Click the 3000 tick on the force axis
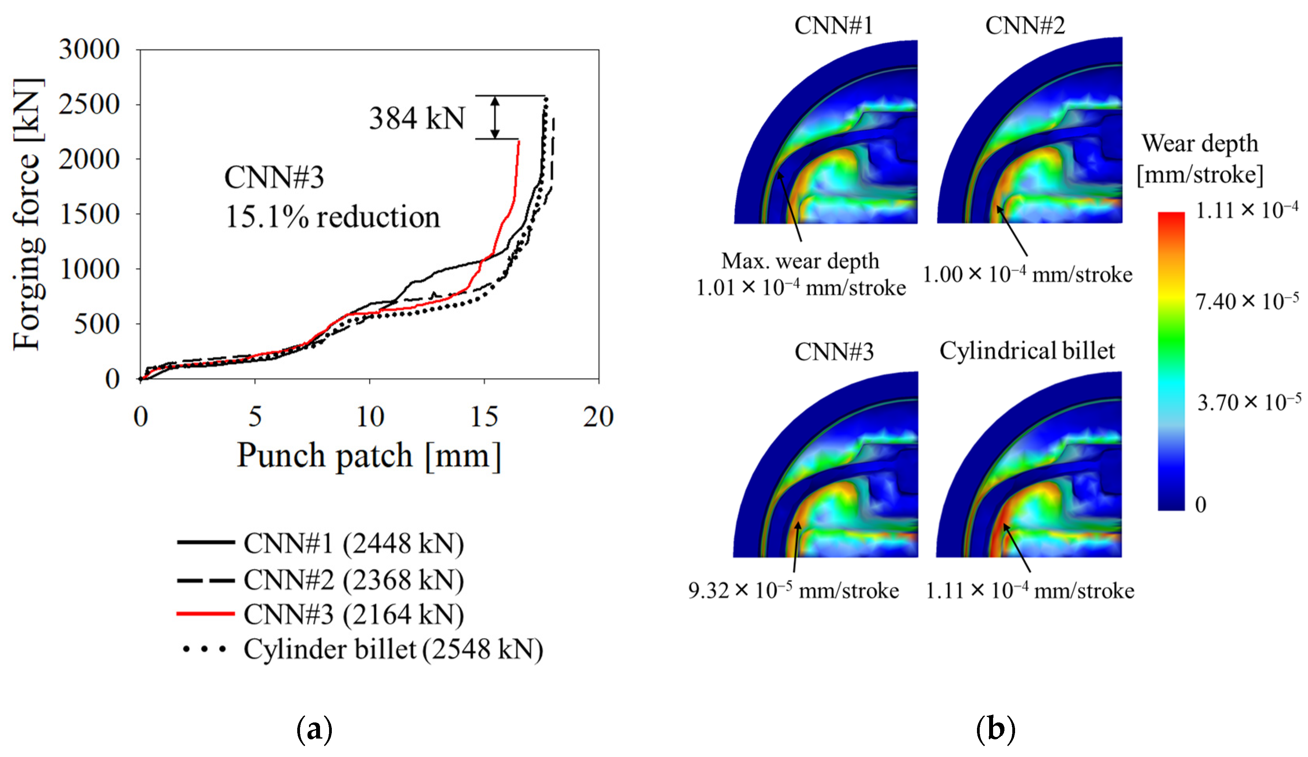89,50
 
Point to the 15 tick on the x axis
484,417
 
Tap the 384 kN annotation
417,118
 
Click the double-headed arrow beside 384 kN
495,118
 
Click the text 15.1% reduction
332,217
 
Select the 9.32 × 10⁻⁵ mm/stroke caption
793,591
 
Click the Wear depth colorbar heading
1200,144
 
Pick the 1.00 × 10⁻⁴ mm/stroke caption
1027,274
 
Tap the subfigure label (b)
995,729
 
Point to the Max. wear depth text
800,261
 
